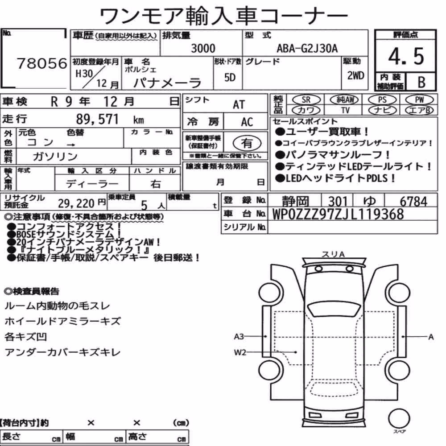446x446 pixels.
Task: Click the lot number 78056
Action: pyautogui.click(x=42, y=63)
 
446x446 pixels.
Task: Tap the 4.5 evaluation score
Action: pyautogui.click(x=406, y=56)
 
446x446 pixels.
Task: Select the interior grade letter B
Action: pyautogui.click(x=421, y=82)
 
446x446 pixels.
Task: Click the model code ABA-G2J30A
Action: pyautogui.click(x=307, y=49)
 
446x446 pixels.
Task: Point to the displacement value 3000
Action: pyautogui.click(x=203, y=48)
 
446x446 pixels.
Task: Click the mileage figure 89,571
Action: pyautogui.click(x=97, y=119)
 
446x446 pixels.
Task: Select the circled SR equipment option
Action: pyautogui.click(x=306, y=100)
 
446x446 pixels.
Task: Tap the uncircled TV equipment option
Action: pyautogui.click(x=345, y=110)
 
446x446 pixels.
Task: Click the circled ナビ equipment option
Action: pyautogui.click(x=382, y=110)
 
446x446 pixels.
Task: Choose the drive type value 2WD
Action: pyautogui.click(x=355, y=75)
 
